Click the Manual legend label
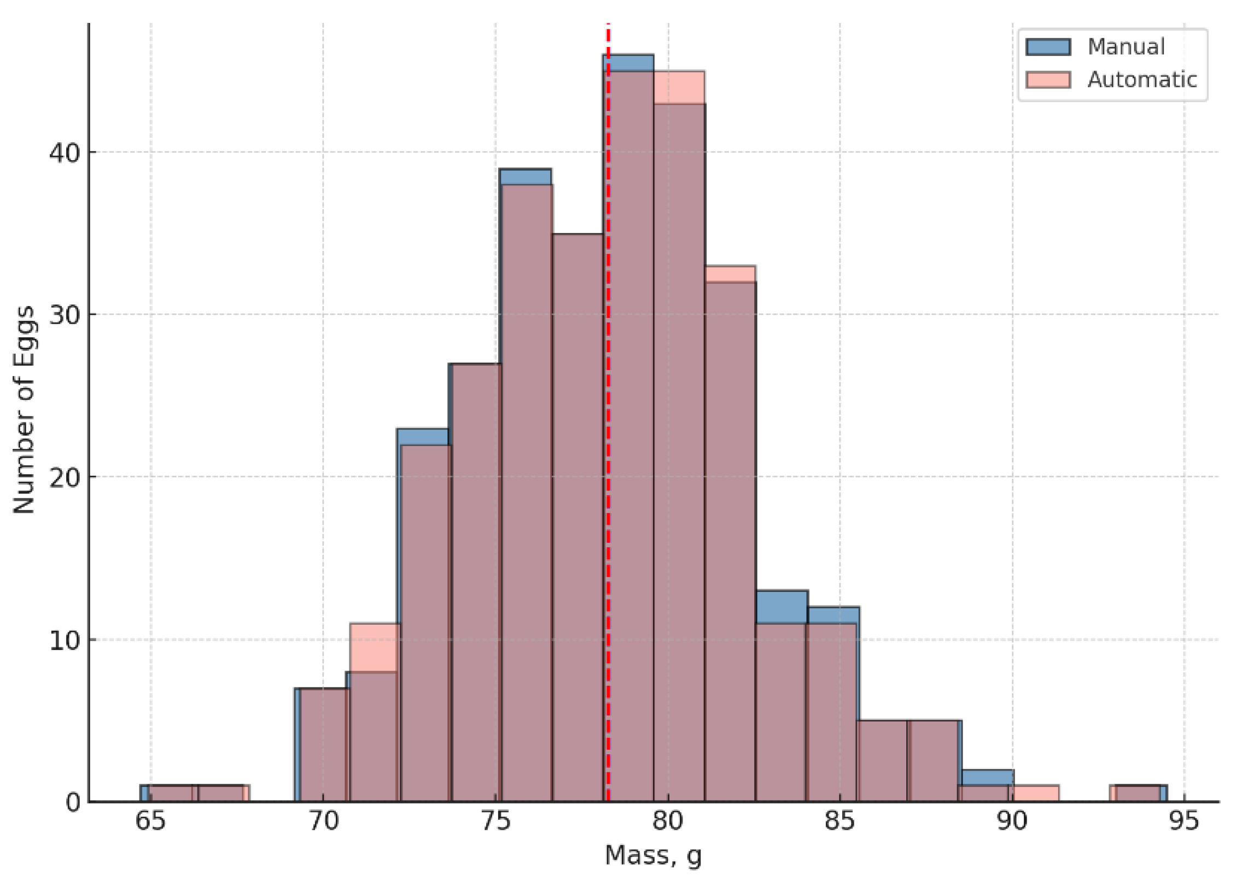[1126, 47]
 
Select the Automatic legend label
[1142, 80]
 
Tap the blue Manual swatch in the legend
[1048, 47]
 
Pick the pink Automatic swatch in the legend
[1048, 80]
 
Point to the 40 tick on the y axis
[65, 152]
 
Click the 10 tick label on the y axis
[65, 640]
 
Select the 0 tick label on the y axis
[73, 802]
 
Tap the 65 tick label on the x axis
[150, 822]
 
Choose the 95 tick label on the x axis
[1184, 822]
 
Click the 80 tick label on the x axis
[668, 822]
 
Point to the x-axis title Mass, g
[653, 856]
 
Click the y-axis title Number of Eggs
[24, 410]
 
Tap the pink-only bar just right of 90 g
[1035, 794]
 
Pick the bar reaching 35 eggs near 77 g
[578, 519]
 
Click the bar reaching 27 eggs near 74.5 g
[476, 585]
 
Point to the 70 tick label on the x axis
[323, 822]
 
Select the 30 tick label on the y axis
[65, 315]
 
